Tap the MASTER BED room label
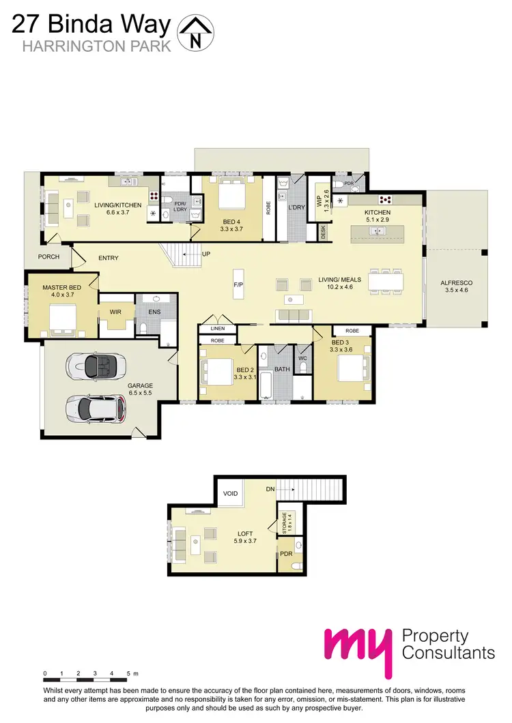[61, 287]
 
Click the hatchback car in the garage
[96, 409]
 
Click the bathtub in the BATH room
[266, 383]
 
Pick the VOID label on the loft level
[229, 492]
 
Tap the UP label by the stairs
[206, 254]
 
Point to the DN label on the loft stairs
[270, 490]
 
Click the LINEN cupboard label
[217, 329]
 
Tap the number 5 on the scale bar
[128, 674]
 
